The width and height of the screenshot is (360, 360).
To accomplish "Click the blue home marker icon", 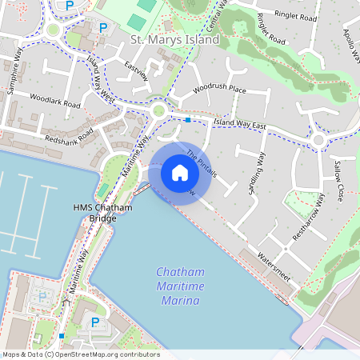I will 180,172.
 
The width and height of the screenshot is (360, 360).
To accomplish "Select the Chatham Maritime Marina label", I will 180,286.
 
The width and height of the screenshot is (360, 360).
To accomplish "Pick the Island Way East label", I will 239,123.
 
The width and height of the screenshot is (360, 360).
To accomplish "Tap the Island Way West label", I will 100,78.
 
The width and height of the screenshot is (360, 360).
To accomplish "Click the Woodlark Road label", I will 55,104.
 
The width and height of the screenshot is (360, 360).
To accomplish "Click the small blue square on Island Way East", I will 187,120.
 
